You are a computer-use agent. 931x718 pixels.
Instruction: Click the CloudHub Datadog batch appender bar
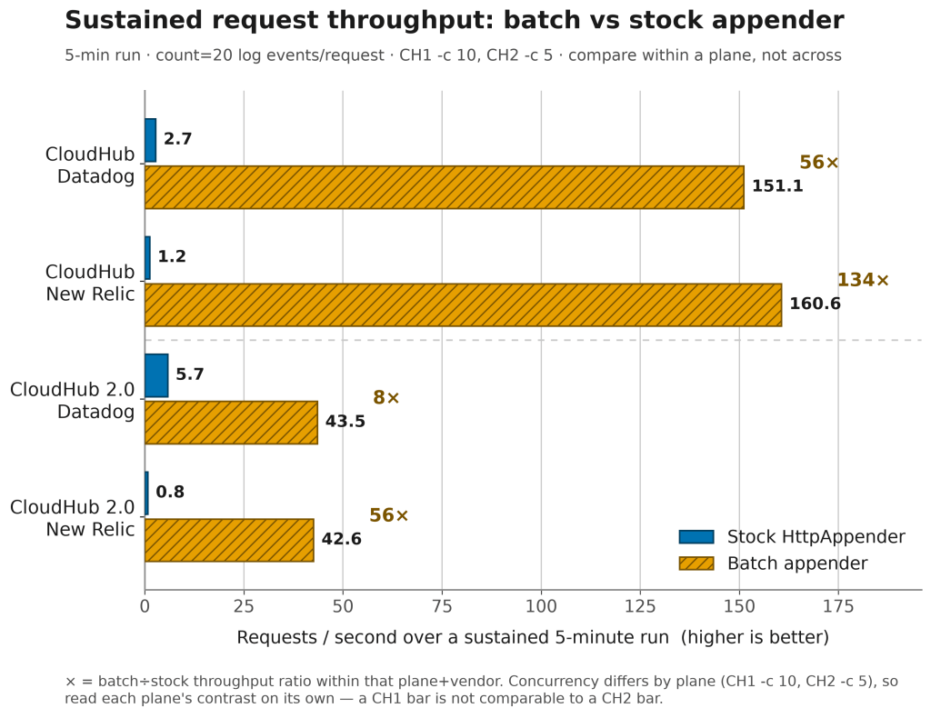(x=444, y=187)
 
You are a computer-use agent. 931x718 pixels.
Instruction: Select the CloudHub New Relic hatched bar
(x=463, y=305)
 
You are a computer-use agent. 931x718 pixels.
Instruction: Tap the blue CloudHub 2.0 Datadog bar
(x=156, y=375)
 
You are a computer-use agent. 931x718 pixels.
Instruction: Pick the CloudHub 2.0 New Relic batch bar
(x=229, y=540)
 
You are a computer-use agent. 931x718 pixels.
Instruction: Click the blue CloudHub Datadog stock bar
(x=151, y=140)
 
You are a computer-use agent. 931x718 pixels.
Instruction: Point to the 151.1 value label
(x=777, y=186)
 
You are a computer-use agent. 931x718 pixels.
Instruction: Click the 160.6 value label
(x=815, y=304)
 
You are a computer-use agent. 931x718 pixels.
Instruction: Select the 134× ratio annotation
(x=863, y=280)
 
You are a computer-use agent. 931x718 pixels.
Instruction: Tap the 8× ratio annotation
(x=385, y=397)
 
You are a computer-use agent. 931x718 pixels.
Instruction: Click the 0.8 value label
(x=170, y=492)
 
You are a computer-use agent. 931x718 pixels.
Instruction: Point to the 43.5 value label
(x=345, y=422)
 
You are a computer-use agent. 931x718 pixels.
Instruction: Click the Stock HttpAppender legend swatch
(x=696, y=536)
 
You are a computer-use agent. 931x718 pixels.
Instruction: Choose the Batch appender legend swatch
(x=696, y=563)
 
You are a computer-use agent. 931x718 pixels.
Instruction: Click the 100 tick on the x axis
(x=541, y=606)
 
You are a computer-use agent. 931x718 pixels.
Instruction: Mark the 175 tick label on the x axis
(x=838, y=606)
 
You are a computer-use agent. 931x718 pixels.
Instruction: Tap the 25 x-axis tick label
(x=244, y=606)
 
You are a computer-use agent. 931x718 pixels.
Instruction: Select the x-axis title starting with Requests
(x=533, y=637)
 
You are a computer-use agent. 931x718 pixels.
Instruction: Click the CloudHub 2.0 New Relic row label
(x=73, y=518)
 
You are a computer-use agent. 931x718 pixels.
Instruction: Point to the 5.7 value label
(x=190, y=374)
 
